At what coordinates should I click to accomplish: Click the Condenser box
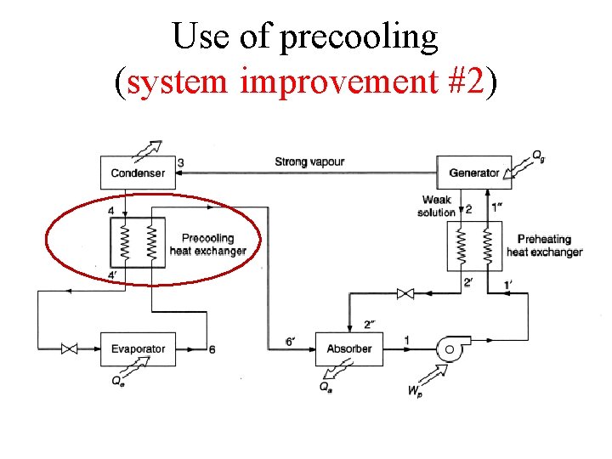tap(138, 173)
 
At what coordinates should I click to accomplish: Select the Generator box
tap(473, 173)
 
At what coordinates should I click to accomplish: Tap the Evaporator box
tap(138, 348)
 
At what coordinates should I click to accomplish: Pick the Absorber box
tap(348, 348)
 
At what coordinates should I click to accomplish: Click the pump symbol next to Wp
tap(447, 348)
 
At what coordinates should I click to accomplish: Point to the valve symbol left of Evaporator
tap(70, 348)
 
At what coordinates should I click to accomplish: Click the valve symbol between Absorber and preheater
tap(405, 294)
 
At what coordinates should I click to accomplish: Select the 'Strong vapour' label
tap(309, 161)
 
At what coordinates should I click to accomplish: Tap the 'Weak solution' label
tap(436, 207)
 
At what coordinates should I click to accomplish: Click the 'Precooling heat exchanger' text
tap(207, 245)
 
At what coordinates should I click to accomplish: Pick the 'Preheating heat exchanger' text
tap(544, 246)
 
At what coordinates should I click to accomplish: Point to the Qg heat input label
tap(538, 156)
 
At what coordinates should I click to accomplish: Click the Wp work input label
tap(415, 391)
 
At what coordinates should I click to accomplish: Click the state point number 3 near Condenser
tap(181, 162)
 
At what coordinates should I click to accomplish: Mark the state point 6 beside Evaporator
tap(212, 349)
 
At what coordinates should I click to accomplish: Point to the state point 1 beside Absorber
tap(406, 340)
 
